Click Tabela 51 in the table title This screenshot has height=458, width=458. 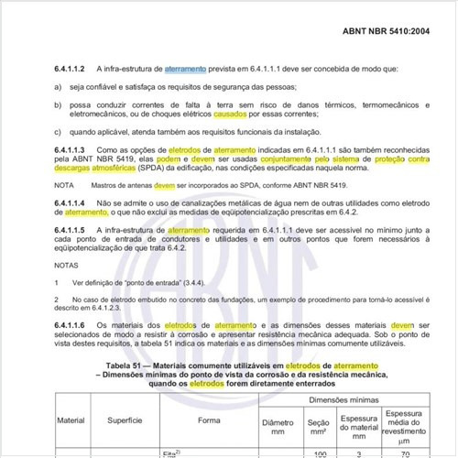pyautogui.click(x=135, y=365)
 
